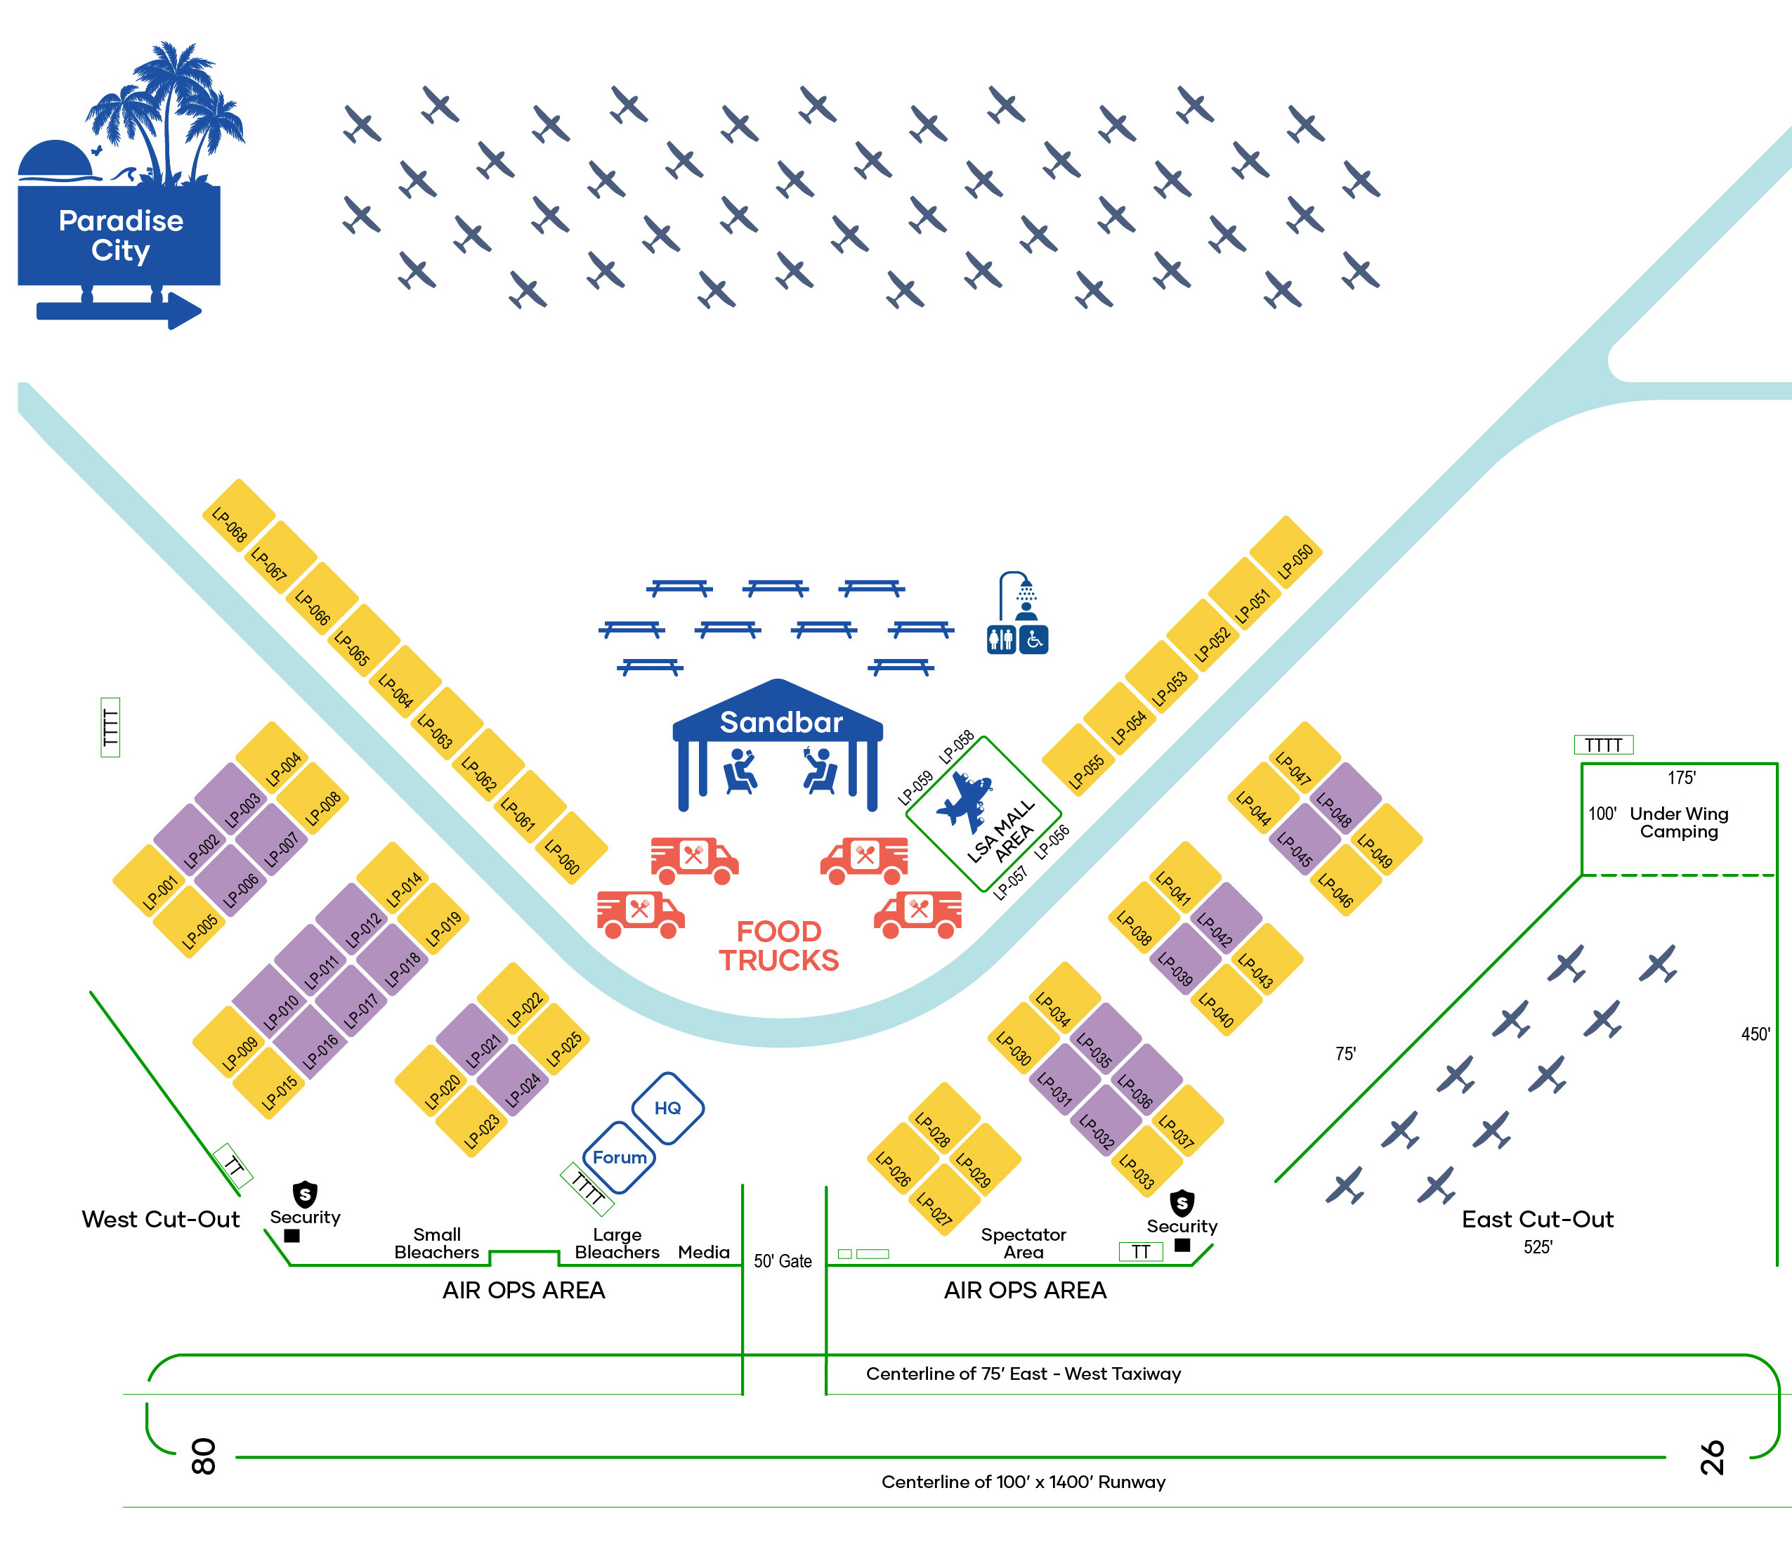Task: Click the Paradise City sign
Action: point(119,235)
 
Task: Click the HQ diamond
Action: point(667,1107)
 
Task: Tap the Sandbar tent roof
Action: point(778,718)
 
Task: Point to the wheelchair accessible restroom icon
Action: point(1033,640)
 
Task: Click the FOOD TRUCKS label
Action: point(778,946)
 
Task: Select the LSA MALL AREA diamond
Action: point(983,814)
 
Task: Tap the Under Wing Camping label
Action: point(1678,822)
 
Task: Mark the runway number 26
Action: point(1711,1457)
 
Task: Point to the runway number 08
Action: point(203,1456)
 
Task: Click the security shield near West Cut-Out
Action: point(304,1193)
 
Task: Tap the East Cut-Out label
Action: point(1537,1219)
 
